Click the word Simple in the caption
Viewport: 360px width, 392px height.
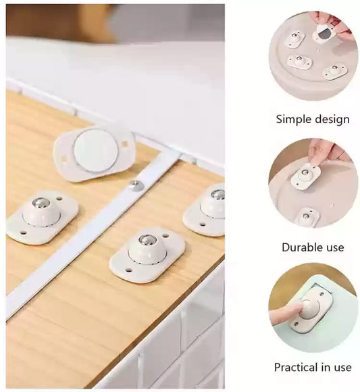pos(292,120)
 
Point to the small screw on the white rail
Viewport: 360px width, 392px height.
pos(136,184)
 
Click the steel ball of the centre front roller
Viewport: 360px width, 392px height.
pos(147,240)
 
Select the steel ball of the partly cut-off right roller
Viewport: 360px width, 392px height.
pos(217,195)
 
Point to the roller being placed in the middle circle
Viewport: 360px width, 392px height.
pos(306,175)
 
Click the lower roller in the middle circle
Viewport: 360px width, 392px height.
pos(307,216)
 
